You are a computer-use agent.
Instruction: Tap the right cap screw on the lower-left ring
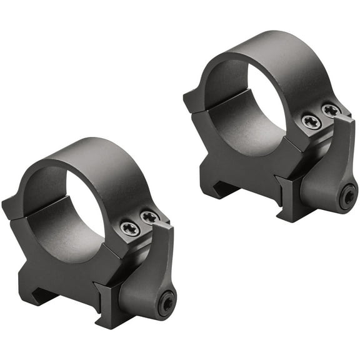pyautogui.click(x=149, y=217)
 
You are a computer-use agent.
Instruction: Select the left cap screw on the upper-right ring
pyautogui.click(x=311, y=121)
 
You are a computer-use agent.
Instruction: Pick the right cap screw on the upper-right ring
pyautogui.click(x=331, y=111)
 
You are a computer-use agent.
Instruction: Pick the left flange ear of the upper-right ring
pyautogui.click(x=194, y=100)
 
